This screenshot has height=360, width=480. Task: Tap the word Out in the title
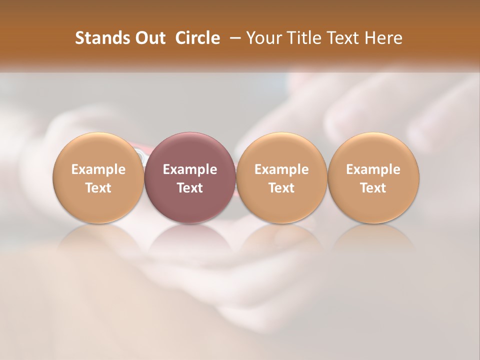point(149,38)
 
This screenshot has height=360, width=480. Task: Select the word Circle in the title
point(197,38)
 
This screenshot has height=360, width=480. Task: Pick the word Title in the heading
point(300,38)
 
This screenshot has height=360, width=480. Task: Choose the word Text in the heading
point(339,38)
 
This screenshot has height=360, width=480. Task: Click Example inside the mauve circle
point(190,169)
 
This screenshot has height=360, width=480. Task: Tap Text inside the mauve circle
point(190,188)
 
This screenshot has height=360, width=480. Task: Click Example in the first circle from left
point(98,169)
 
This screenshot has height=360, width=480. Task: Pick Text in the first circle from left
point(98,188)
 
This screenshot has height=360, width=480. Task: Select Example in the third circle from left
point(281,169)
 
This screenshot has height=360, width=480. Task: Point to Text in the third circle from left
point(281,188)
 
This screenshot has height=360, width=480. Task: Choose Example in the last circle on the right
point(373,169)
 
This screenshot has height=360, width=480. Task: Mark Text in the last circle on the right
point(373,188)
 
